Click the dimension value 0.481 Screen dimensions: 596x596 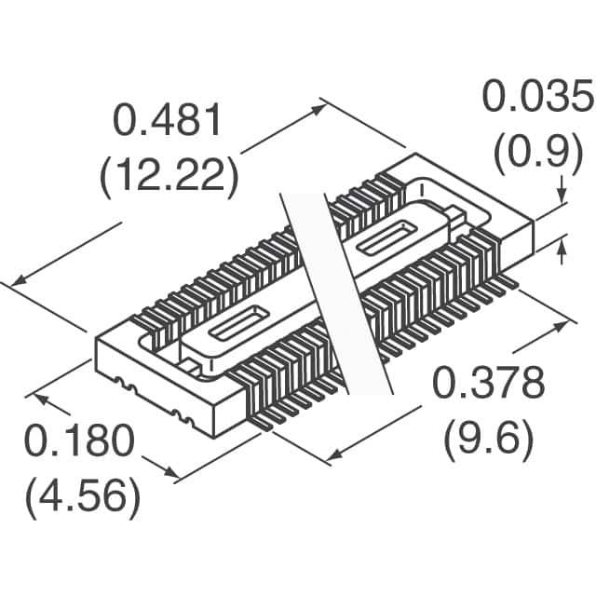168,120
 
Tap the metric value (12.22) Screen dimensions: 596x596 169,175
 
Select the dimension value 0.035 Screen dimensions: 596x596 539,96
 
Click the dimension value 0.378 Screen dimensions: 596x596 489,383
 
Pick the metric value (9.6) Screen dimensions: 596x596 489,439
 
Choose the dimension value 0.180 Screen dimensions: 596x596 80,440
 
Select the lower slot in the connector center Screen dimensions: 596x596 238,323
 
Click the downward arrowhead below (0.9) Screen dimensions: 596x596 562,196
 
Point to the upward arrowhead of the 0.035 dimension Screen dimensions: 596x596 562,244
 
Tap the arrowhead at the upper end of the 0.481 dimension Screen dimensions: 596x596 318,109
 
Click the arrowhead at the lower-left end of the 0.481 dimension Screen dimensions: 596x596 20,280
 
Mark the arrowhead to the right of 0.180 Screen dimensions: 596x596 171,472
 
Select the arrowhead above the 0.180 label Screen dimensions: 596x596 43,399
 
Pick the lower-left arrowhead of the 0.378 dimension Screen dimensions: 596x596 334,455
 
